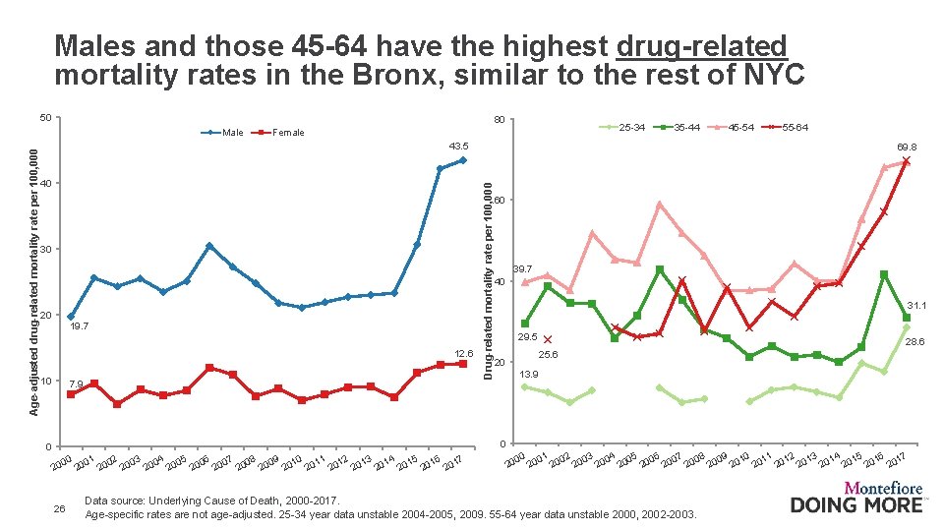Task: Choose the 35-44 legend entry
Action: coord(685,127)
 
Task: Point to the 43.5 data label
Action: coord(460,146)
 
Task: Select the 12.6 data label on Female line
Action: coord(463,353)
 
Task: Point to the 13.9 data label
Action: coord(528,375)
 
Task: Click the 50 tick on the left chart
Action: coord(45,119)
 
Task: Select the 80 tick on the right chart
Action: coord(500,121)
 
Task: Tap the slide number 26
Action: coord(61,508)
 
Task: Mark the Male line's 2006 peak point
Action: coord(209,246)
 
